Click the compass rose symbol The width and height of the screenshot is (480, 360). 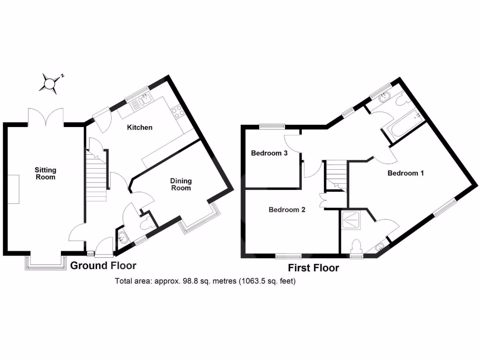click(x=50, y=83)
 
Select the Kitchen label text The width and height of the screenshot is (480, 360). click(x=140, y=127)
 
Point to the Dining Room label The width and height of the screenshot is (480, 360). click(x=180, y=184)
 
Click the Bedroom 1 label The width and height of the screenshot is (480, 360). click(x=405, y=173)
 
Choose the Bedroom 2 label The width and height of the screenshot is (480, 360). click(x=287, y=210)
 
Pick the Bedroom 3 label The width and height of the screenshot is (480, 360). click(x=269, y=153)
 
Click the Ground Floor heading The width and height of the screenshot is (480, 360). click(x=103, y=266)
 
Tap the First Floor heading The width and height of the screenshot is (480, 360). click(x=314, y=268)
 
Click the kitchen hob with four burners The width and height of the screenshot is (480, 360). click(x=178, y=111)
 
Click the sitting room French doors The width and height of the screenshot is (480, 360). click(x=45, y=116)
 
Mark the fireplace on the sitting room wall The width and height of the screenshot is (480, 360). click(x=13, y=188)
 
